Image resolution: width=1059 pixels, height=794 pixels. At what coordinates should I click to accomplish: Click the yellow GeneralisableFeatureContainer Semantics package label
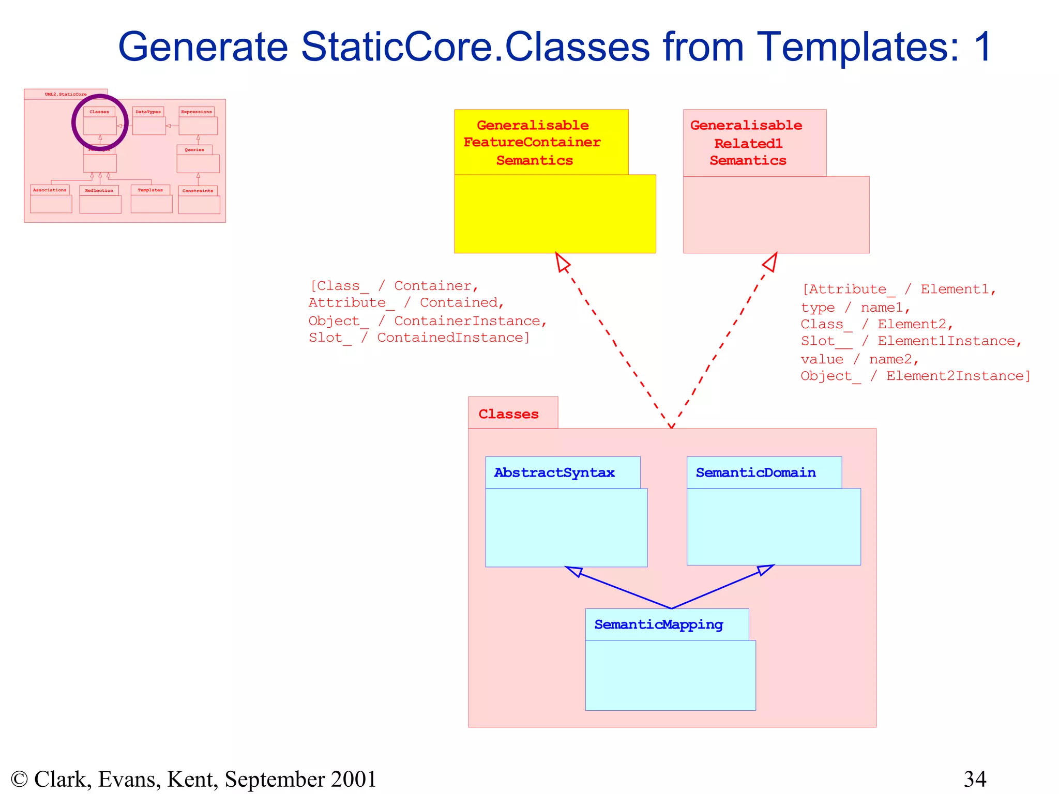click(x=533, y=143)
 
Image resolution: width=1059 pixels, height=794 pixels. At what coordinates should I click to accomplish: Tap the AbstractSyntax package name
click(x=554, y=472)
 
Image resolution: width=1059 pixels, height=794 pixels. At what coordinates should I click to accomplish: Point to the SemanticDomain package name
click(x=755, y=472)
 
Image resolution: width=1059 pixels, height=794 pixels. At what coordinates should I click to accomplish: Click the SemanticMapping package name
click(x=658, y=624)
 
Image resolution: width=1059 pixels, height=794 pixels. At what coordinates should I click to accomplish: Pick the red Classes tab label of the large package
click(x=508, y=414)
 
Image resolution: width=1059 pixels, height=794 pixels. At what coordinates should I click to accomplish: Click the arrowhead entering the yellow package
click(x=562, y=262)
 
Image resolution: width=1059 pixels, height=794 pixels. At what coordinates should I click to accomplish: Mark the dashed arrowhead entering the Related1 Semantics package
click(x=771, y=262)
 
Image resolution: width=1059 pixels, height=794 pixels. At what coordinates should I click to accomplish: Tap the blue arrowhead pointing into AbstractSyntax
click(x=573, y=571)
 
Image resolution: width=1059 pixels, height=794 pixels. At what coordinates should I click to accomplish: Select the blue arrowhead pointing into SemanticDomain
click(x=765, y=569)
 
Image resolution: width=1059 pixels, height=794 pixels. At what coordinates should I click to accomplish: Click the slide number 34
click(x=975, y=779)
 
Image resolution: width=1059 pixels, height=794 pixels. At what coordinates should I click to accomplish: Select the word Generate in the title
click(x=203, y=47)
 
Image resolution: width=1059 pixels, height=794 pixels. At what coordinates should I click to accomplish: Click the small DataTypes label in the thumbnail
click(x=148, y=112)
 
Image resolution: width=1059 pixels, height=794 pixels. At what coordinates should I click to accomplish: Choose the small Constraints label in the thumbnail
click(x=198, y=191)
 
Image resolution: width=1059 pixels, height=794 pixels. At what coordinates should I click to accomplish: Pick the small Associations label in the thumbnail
click(x=50, y=190)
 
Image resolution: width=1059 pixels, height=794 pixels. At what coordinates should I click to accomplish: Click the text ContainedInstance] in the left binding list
click(x=453, y=338)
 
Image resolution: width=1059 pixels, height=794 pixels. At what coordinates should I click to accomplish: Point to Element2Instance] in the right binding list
click(x=958, y=376)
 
